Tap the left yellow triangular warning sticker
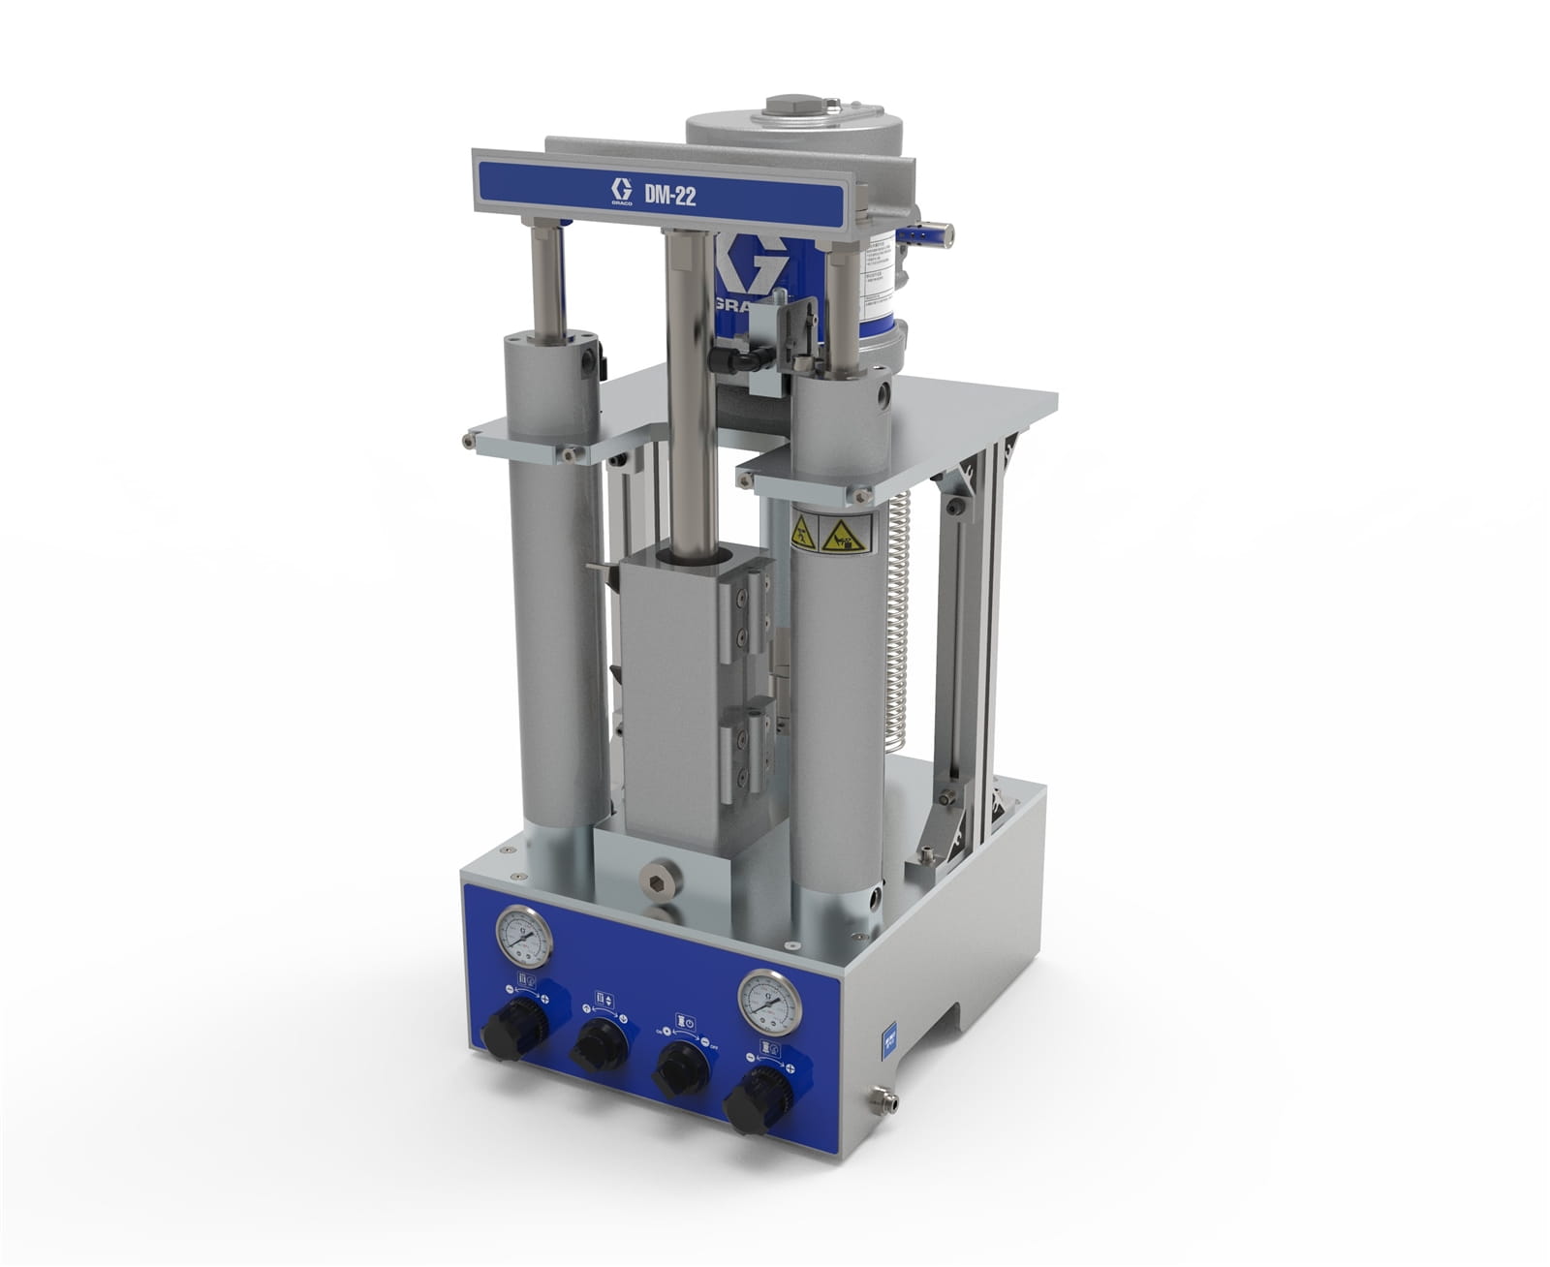point(802,532)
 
